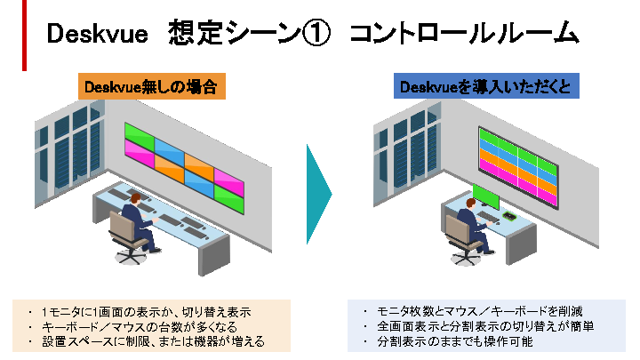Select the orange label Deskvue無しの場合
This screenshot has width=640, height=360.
(x=150, y=87)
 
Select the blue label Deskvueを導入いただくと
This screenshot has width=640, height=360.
(x=487, y=87)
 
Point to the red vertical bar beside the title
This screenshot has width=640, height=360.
(x=25, y=36)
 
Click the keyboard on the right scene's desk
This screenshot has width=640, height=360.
(x=487, y=220)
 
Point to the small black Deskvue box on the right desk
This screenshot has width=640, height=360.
(x=511, y=216)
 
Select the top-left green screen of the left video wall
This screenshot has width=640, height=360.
(x=139, y=134)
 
